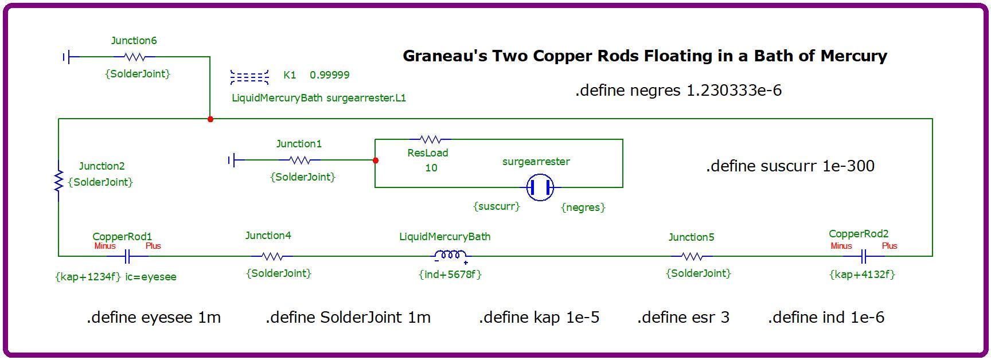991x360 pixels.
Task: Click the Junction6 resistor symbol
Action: coord(134,57)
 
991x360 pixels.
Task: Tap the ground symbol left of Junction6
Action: coord(67,57)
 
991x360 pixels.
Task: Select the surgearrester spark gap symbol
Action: coord(540,187)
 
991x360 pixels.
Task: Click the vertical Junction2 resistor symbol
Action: coord(58,181)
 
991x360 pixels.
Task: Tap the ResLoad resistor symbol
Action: coord(430,139)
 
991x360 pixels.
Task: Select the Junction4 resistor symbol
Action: coord(271,256)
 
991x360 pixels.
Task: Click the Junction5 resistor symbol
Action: coord(692,256)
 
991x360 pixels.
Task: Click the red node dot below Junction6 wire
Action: coord(210,119)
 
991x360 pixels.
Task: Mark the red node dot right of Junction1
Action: coord(376,161)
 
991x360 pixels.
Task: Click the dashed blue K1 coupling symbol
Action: coord(249,77)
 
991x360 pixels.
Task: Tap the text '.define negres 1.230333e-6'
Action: coord(678,91)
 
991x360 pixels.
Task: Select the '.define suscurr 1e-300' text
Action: coord(790,166)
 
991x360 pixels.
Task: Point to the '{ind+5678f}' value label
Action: coord(450,275)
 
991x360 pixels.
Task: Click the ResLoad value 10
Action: coord(431,168)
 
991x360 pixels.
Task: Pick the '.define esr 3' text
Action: coord(683,318)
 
